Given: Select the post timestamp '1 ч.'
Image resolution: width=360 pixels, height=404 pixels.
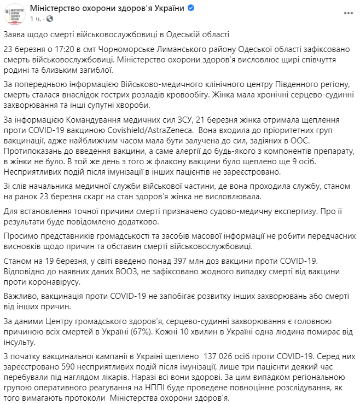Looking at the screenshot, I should click(36, 19).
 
